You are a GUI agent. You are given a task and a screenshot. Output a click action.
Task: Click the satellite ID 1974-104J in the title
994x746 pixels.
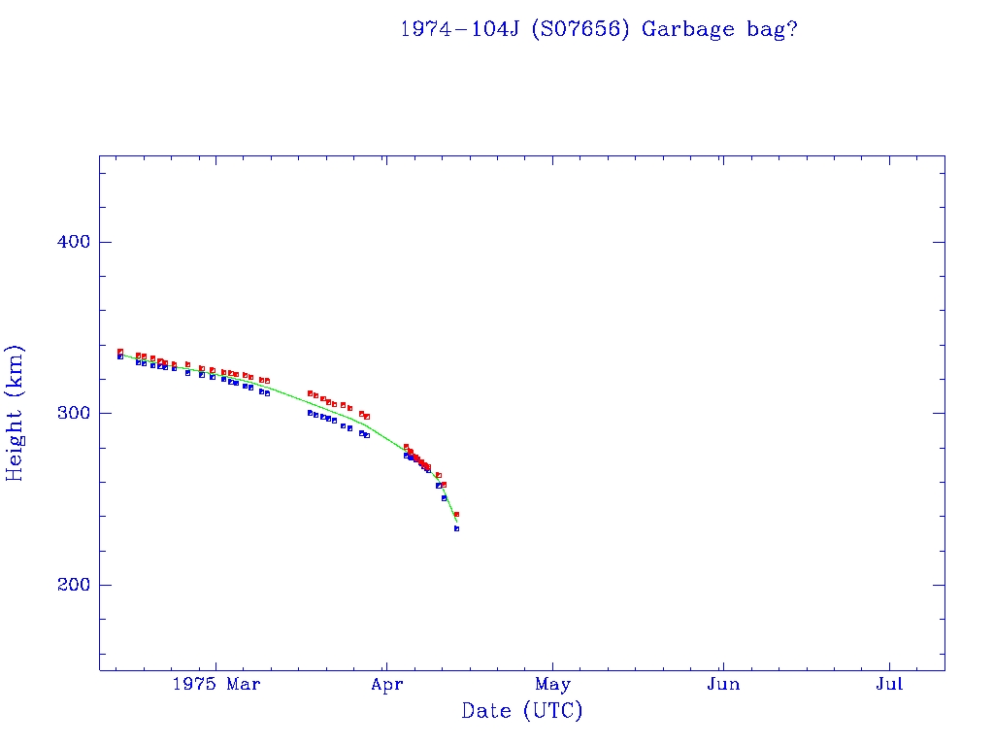click(x=462, y=29)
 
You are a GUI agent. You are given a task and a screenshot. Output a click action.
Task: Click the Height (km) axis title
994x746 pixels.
click(x=16, y=413)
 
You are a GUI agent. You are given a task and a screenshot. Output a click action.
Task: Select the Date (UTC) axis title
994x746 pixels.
click(x=521, y=711)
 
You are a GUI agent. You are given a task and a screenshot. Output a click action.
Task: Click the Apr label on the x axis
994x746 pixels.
click(x=386, y=685)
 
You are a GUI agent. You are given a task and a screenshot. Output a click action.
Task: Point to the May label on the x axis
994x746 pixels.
click(x=553, y=685)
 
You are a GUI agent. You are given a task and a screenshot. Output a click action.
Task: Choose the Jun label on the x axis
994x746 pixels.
click(x=723, y=685)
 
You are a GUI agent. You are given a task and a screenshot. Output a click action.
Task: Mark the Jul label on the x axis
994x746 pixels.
click(x=889, y=685)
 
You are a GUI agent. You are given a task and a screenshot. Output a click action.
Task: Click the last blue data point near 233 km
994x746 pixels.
click(x=456, y=528)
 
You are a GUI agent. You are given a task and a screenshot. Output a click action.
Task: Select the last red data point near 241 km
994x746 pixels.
click(x=456, y=514)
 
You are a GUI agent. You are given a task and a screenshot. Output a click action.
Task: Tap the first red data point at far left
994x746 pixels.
click(x=120, y=352)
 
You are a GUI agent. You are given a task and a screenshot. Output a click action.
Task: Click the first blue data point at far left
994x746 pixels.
click(x=120, y=356)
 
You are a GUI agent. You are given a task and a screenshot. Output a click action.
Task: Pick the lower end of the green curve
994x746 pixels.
click(x=456, y=522)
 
